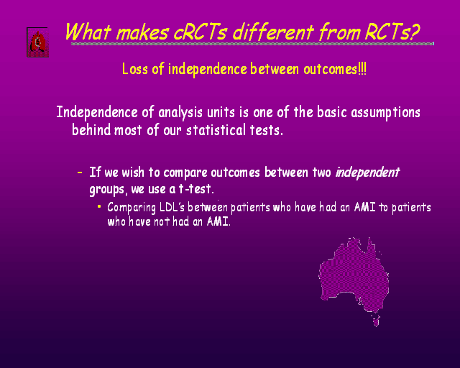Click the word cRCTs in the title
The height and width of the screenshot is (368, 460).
tap(201, 32)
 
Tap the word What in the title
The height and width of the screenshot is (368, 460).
tap(88, 32)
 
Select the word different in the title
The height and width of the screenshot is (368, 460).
tap(273, 32)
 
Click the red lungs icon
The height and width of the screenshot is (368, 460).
tap(37, 42)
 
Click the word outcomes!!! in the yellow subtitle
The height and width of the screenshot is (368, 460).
tap(335, 70)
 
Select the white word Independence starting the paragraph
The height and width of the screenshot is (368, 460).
tap(97, 113)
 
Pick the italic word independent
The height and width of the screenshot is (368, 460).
tap(367, 172)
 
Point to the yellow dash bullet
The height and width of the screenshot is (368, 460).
tap(80, 172)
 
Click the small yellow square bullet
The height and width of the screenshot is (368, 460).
tap(99, 206)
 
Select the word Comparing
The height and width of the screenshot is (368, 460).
tap(132, 208)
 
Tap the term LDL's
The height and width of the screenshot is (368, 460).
tap(172, 207)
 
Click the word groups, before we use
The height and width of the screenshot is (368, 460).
tap(109, 190)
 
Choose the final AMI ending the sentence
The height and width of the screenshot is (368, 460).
tap(218, 221)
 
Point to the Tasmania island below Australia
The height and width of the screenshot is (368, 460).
tap(376, 321)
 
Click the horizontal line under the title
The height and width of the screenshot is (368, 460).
tap(252, 44)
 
